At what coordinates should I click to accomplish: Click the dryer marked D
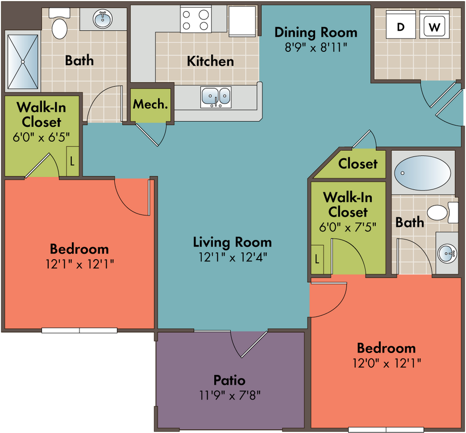coord(400,25)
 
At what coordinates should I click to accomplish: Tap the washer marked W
coord(434,25)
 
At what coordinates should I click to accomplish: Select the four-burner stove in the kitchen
coord(196,19)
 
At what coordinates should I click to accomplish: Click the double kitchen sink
coord(216,97)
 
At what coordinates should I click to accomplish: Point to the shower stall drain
coord(23,62)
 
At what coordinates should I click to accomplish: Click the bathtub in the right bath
coord(422,173)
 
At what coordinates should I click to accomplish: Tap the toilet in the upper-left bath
coord(60,24)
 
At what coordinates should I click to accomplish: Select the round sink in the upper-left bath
coord(103,19)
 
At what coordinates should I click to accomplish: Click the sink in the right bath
coord(447,253)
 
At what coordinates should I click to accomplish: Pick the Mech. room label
coord(150,104)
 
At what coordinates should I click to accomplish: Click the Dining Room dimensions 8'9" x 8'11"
coord(316,47)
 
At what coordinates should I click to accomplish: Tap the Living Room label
coord(232,242)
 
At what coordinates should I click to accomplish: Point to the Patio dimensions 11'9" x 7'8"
coord(230,396)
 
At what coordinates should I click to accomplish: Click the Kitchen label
coord(210,61)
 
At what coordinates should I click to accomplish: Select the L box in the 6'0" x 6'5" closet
coord(72,161)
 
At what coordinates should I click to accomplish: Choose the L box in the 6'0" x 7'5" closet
coord(317,259)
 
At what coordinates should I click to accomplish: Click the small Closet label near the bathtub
coord(358,164)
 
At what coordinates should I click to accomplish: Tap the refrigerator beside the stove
coord(242,21)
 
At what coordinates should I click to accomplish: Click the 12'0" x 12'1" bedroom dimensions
coord(387,363)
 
